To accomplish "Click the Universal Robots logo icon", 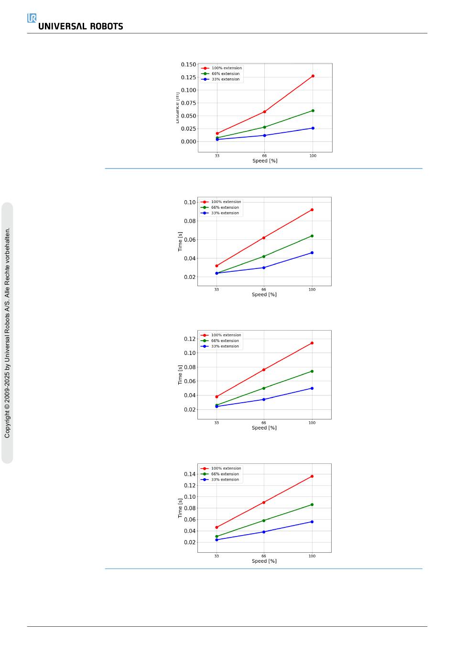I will (32, 18).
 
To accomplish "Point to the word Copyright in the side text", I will (7, 423).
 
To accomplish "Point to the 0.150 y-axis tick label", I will (188, 64).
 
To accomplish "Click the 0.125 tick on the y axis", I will (188, 77).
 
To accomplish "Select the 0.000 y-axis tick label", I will (188, 141).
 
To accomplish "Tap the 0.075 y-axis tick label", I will (188, 103).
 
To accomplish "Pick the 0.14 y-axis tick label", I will (190, 474).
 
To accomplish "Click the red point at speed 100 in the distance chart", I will (313, 76).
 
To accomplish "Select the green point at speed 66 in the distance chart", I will (264, 127).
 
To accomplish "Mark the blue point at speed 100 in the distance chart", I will (313, 128).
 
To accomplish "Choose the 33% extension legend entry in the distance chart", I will (225, 79).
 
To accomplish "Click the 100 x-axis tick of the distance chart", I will (313, 156).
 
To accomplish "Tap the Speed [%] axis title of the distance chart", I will (265, 161).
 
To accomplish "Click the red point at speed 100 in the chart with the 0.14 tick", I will (312, 476).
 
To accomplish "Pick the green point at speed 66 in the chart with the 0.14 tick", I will (264, 521).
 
